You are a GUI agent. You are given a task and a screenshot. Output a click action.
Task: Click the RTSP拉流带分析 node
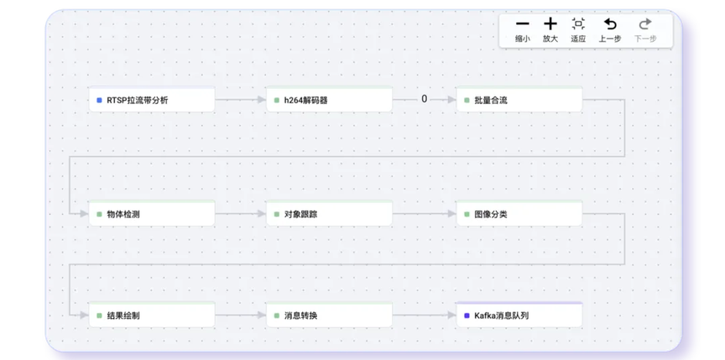(152, 99)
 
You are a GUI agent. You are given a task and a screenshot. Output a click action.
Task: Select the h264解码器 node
(329, 99)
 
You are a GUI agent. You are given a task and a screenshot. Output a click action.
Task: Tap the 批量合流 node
(519, 99)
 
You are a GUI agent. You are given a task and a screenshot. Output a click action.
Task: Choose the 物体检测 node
(152, 213)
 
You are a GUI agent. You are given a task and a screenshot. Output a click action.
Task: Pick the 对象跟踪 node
(329, 213)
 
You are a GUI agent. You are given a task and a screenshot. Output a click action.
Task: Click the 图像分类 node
(519, 213)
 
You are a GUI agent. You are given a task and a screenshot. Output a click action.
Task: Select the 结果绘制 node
(152, 315)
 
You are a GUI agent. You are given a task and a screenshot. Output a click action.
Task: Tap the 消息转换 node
(329, 315)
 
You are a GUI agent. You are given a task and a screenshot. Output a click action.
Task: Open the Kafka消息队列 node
(519, 315)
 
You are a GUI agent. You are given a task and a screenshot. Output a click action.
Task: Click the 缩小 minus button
(523, 23)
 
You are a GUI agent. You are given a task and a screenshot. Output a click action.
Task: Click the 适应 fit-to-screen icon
(578, 23)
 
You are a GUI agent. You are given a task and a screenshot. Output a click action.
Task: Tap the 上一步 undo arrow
(610, 23)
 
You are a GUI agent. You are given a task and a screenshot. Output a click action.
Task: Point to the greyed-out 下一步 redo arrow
(645, 23)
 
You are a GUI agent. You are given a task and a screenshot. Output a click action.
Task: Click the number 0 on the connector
(424, 99)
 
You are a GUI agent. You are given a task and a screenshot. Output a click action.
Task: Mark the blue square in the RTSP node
(99, 100)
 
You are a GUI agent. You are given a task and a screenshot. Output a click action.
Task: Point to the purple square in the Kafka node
(467, 316)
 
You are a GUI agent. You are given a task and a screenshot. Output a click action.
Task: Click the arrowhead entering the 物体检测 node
(84, 213)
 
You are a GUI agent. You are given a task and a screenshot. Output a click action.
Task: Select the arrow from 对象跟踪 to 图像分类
(424, 213)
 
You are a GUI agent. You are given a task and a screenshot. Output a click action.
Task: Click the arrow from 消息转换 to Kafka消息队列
(424, 315)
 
